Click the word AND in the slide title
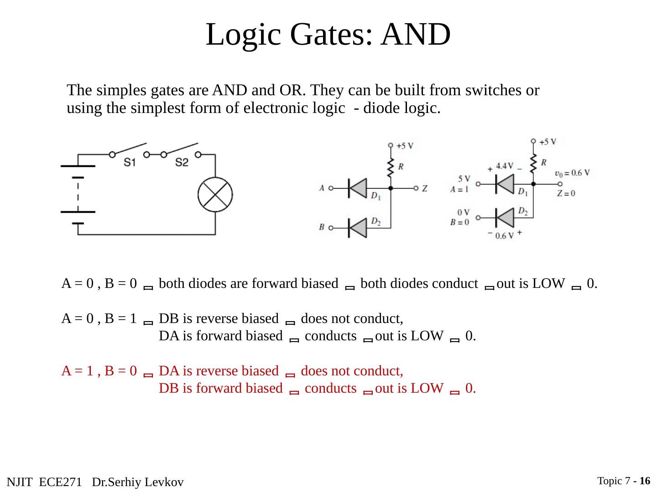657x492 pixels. tap(416, 34)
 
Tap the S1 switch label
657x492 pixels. tap(130, 163)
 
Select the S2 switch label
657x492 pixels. tap(182, 163)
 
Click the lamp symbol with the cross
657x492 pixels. tap(215, 194)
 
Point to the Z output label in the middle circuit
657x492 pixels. tap(425, 188)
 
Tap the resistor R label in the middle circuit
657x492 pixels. tap(401, 167)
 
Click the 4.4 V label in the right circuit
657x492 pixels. tap(505, 166)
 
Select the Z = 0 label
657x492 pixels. tap(566, 193)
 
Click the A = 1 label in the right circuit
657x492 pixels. tap(459, 190)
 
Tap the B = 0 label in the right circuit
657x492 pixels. tap(459, 222)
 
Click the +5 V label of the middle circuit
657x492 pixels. tap(405, 146)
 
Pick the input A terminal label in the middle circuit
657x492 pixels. tap(322, 188)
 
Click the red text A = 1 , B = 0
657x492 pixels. tap(99, 371)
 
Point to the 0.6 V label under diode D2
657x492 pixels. tap(504, 236)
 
